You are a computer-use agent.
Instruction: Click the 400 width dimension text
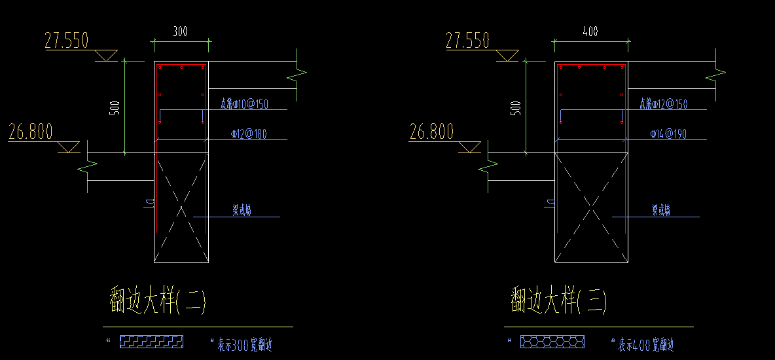[x=589, y=31]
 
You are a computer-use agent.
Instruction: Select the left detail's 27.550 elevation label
[x=66, y=41]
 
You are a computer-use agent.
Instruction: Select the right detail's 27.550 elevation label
[x=467, y=41]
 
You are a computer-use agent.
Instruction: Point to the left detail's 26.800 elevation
[x=30, y=132]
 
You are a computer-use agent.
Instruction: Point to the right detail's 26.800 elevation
[x=431, y=132]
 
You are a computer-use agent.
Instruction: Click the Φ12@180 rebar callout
[x=249, y=134]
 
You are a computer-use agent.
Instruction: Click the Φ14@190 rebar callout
[x=668, y=134]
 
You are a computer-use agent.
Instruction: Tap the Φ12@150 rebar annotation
[x=663, y=104]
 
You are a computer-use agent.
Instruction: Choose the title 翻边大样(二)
[x=158, y=302]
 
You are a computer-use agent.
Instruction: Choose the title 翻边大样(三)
[x=558, y=302]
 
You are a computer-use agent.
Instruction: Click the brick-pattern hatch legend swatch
[x=152, y=341]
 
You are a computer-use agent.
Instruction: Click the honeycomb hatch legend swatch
[x=552, y=342]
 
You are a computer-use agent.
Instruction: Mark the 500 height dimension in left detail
[x=115, y=108]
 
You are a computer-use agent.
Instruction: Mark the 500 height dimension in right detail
[x=516, y=108]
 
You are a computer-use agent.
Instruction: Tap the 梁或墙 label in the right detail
[x=660, y=211]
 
